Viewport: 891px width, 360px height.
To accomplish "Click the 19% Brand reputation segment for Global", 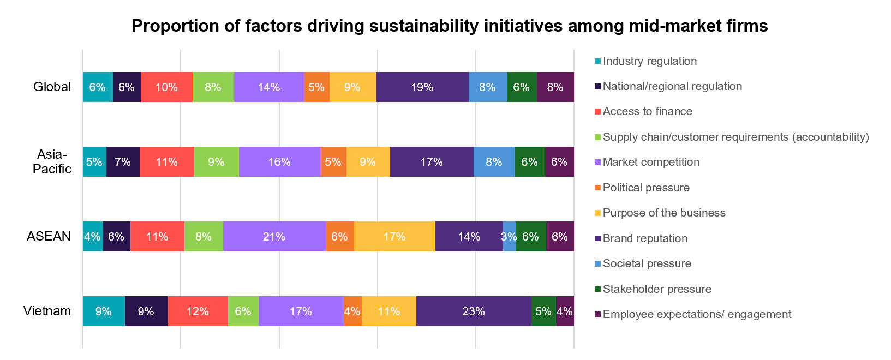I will pyautogui.click(x=422, y=87).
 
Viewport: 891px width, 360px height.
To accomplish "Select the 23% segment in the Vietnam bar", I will pyautogui.click(x=473, y=311).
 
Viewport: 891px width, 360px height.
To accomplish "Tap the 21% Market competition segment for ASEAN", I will pyautogui.click(x=274, y=237).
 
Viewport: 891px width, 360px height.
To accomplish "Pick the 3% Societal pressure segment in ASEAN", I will pyautogui.click(x=509, y=237).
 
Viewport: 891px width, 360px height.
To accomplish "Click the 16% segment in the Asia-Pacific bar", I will pyautogui.click(x=279, y=162).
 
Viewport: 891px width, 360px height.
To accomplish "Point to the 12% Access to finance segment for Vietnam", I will pyautogui.click(x=198, y=311).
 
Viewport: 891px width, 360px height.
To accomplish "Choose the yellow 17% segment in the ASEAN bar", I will pyautogui.click(x=394, y=237).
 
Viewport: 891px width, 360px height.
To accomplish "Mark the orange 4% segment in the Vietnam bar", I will pyautogui.click(x=352, y=311).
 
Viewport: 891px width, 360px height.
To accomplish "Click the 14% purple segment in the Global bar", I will pyautogui.click(x=268, y=87).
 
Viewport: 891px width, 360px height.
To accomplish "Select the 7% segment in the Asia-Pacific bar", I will pyautogui.click(x=123, y=162).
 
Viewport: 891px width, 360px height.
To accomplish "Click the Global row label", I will pyautogui.click(x=52, y=87).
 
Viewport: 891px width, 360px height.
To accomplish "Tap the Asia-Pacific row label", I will pyautogui.click(x=52, y=161).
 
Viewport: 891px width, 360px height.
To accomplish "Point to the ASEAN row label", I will pyautogui.click(x=49, y=236).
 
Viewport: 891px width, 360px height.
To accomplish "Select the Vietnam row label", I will pyautogui.click(x=47, y=311).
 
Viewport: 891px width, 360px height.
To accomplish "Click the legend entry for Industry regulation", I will pyautogui.click(x=649, y=61).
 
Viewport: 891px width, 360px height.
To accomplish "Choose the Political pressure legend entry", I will pyautogui.click(x=646, y=188).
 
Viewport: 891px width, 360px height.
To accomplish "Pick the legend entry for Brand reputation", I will pyautogui.click(x=645, y=238).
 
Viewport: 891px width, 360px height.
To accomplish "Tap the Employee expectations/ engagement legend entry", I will pyautogui.click(x=697, y=314).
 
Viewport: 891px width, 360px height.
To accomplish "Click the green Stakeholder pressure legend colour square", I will pyautogui.click(x=597, y=289).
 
